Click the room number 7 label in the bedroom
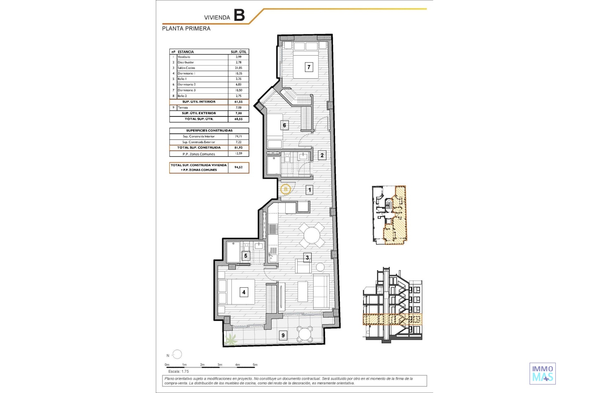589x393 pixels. (309, 67)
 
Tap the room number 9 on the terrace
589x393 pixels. (283, 335)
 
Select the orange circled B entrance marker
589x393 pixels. (286, 189)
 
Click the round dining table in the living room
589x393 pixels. (312, 235)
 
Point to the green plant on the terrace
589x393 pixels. (231, 340)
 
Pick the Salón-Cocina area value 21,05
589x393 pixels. (238, 68)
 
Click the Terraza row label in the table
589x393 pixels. (183, 107)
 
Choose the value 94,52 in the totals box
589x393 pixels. (238, 167)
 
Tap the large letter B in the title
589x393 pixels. (239, 15)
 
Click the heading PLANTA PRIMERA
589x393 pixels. (186, 29)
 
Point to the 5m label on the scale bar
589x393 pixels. (255, 365)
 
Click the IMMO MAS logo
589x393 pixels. (543, 373)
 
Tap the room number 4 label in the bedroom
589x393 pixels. (244, 292)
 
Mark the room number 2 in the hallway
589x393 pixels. (322, 155)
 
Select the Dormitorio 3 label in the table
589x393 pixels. (187, 90)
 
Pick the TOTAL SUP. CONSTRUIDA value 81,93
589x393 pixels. (238, 148)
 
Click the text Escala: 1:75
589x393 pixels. (179, 372)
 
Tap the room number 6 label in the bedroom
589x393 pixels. (284, 125)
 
